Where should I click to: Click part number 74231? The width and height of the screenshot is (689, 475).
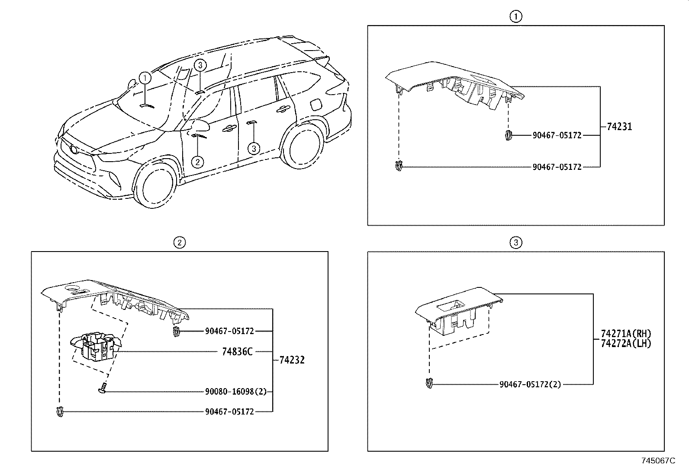click(619, 127)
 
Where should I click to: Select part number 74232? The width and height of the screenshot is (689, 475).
click(292, 360)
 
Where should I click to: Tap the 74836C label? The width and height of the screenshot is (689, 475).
click(237, 352)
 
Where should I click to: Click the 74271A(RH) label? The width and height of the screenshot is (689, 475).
click(625, 334)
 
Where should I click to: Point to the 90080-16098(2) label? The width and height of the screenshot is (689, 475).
click(235, 392)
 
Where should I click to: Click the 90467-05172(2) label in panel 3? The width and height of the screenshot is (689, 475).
click(530, 384)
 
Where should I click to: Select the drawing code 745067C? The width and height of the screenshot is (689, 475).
click(658, 461)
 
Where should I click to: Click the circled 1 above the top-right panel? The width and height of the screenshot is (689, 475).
click(515, 17)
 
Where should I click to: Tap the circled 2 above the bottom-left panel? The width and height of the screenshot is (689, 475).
click(179, 242)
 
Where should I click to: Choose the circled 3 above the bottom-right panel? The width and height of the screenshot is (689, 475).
click(515, 242)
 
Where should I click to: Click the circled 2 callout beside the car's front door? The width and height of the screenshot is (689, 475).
click(197, 162)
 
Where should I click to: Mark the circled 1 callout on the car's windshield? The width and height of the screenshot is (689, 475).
click(145, 78)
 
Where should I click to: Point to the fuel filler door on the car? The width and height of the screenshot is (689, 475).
click(316, 104)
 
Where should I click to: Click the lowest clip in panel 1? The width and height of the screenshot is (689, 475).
click(399, 166)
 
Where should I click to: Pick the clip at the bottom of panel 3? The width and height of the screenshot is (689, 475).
click(429, 384)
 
